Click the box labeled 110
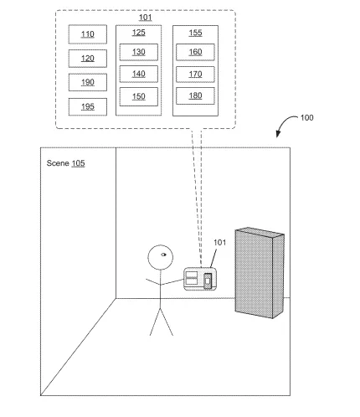pos(88,34)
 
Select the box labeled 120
pos(88,59)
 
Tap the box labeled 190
pos(88,82)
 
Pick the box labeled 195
pos(88,106)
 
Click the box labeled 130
pos(139,52)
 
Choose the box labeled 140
pos(139,74)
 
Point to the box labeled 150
pos(139,96)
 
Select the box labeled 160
pos(195,52)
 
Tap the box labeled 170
pos(195,75)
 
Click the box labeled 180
pos(195,95)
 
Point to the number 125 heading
pos(139,33)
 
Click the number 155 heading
pos(195,33)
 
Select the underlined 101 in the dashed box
pos(146,18)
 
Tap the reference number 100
pos(306,117)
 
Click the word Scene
pos(58,163)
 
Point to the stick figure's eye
pos(163,255)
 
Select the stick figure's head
pos(160,257)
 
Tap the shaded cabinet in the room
pos(260,273)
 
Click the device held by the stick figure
pos(200,279)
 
